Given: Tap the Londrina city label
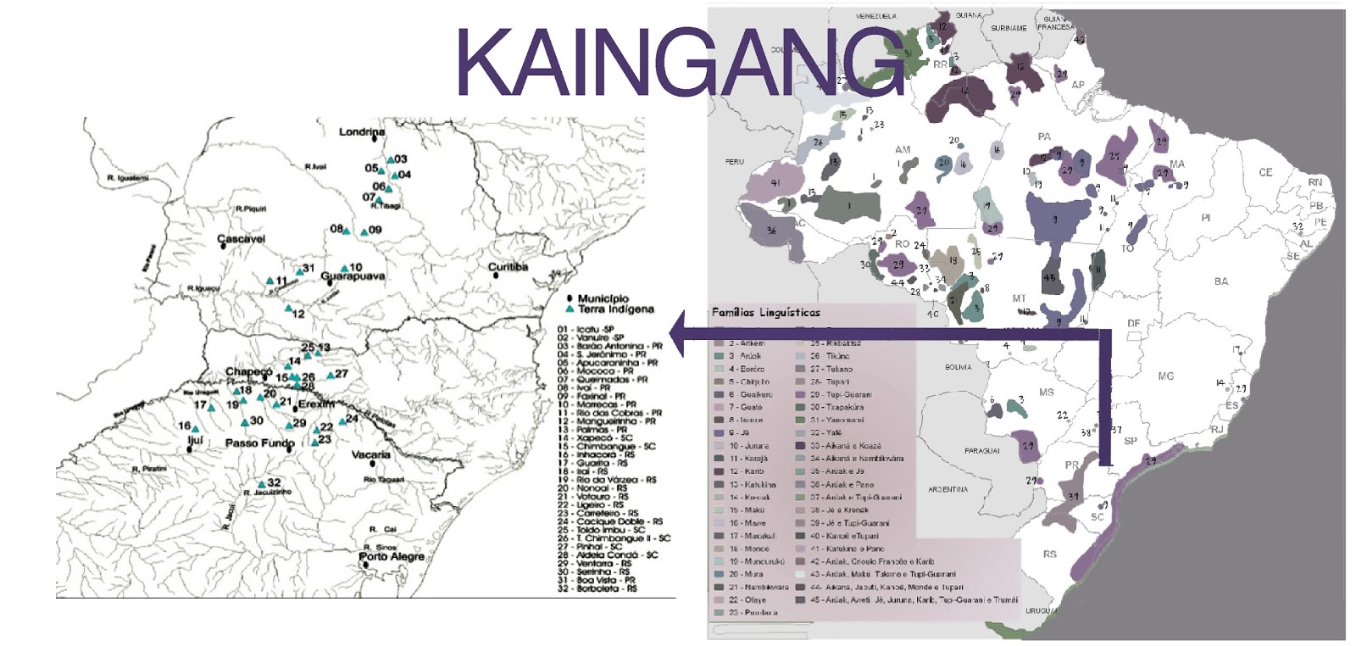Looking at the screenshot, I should (x=362, y=132).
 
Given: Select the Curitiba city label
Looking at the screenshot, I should (x=508, y=267).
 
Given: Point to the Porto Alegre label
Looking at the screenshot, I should (x=392, y=556).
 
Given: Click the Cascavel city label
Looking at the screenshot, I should (x=242, y=239).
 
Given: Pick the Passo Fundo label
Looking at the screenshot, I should (x=259, y=443).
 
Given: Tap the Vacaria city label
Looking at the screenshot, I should (x=371, y=454).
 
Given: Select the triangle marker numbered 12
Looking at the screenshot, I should (x=288, y=309).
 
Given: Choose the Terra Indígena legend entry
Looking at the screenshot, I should (x=615, y=309).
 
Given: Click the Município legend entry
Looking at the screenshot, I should (x=603, y=298).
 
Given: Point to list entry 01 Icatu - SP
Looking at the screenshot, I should (x=585, y=329).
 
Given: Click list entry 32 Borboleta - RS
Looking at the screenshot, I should (x=597, y=588).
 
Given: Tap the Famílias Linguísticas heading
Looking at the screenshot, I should (x=766, y=313).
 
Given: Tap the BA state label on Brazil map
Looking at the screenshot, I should (x=1220, y=281).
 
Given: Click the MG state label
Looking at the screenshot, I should (x=1166, y=376).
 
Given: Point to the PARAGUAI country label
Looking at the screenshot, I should (x=981, y=451).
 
